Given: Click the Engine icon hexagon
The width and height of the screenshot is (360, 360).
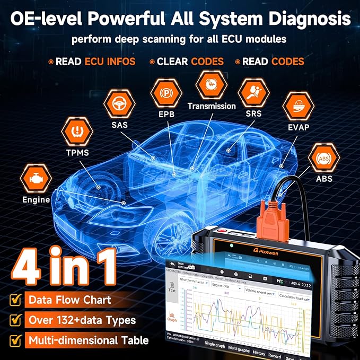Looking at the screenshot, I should pos(35,179).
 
